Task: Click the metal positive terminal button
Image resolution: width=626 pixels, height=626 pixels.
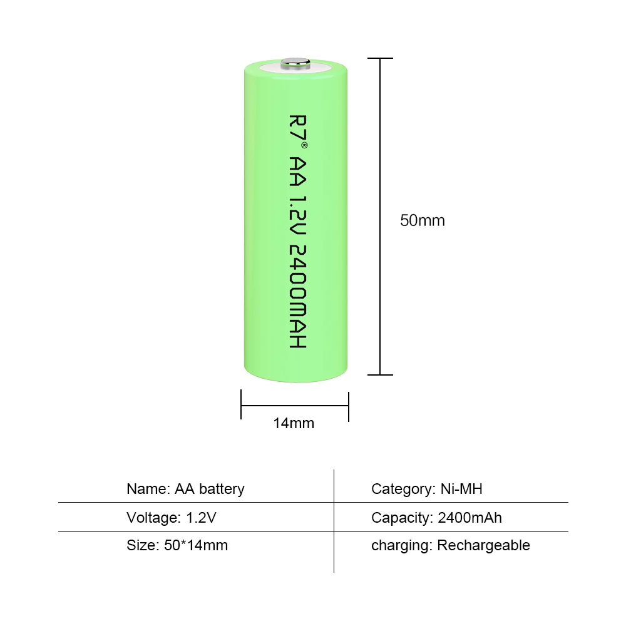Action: click(296, 62)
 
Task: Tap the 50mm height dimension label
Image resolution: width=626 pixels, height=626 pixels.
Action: click(423, 220)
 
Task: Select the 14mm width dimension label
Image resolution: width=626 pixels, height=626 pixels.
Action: click(294, 423)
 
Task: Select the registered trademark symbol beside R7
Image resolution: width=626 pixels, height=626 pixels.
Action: click(305, 145)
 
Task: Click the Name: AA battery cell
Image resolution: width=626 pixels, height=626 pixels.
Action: click(185, 489)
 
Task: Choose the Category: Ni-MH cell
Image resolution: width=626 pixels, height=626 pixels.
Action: click(427, 489)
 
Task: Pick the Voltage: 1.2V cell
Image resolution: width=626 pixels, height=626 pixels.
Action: click(172, 518)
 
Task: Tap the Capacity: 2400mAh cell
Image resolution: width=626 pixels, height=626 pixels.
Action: click(436, 518)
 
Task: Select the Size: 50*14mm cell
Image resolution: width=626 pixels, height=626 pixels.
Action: click(177, 545)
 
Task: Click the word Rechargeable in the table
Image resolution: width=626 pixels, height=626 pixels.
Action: click(483, 545)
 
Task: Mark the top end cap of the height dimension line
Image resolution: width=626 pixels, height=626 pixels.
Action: click(381, 58)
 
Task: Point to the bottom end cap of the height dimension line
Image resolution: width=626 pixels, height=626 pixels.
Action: click(381, 375)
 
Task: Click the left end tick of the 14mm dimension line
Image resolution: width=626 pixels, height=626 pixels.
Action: click(242, 406)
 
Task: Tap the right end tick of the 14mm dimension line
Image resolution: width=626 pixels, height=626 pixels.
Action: click(348, 406)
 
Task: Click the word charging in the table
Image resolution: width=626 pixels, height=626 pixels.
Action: click(400, 545)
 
